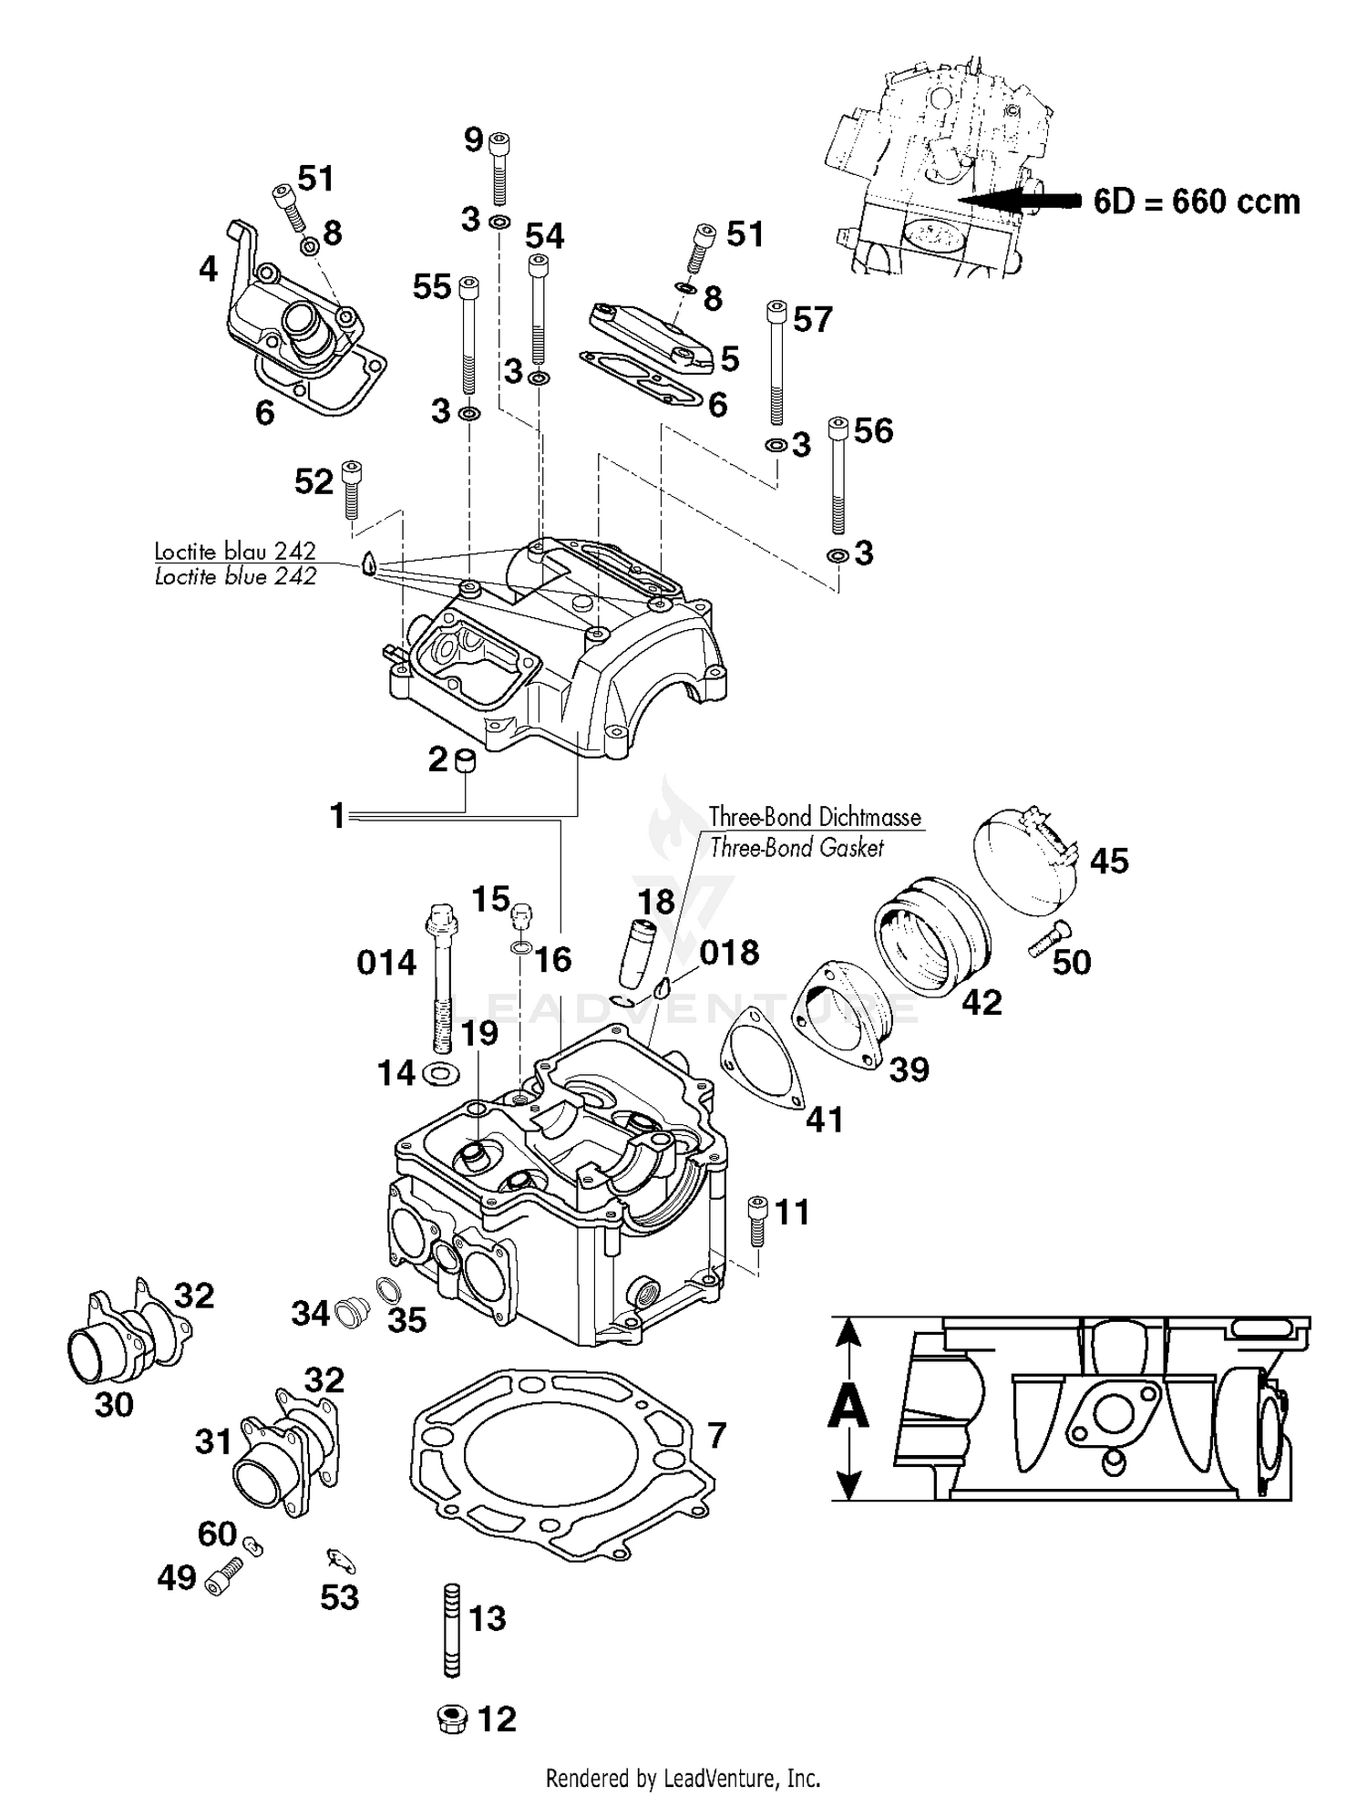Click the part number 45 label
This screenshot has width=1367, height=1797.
[1108, 861]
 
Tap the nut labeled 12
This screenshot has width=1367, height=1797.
[453, 1720]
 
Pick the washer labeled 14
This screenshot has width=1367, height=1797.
[441, 1073]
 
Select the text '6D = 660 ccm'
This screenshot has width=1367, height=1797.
[1197, 201]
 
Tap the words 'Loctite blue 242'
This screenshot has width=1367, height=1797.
[235, 576]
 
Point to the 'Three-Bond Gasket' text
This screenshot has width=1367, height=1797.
[797, 848]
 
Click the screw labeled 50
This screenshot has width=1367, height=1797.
[1050, 940]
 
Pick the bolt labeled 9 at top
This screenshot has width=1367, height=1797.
[499, 170]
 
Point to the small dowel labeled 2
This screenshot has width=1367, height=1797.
[466, 760]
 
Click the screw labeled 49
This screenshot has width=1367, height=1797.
[224, 1575]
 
